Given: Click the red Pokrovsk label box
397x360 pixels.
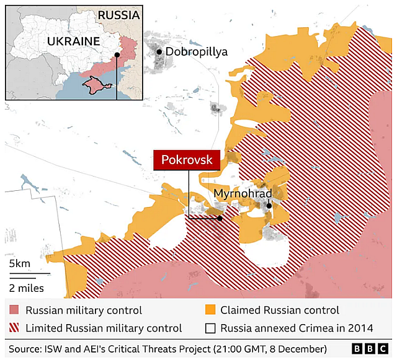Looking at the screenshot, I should pyautogui.click(x=187, y=160).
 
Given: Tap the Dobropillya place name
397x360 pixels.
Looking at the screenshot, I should pyautogui.click(x=197, y=52).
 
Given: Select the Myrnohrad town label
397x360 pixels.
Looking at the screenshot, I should pyautogui.click(x=243, y=194).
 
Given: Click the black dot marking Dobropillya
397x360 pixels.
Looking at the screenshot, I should pyautogui.click(x=159, y=52).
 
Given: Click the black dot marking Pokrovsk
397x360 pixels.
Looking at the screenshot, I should pyautogui.click(x=220, y=217).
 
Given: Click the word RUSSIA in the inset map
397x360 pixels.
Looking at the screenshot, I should pyautogui.click(x=118, y=15).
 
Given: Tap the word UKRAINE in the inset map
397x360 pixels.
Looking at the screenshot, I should pyautogui.click(x=73, y=42).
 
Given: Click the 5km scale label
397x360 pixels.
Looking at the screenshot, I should pyautogui.click(x=20, y=264).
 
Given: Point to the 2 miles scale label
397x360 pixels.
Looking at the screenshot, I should pyautogui.click(x=26, y=288).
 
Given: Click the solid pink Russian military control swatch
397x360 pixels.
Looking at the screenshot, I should pyautogui.click(x=14, y=310).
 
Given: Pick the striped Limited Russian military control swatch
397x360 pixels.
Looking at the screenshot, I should pyautogui.click(x=14, y=328).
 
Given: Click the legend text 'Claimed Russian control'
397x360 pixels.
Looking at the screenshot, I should pyautogui.click(x=280, y=310).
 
